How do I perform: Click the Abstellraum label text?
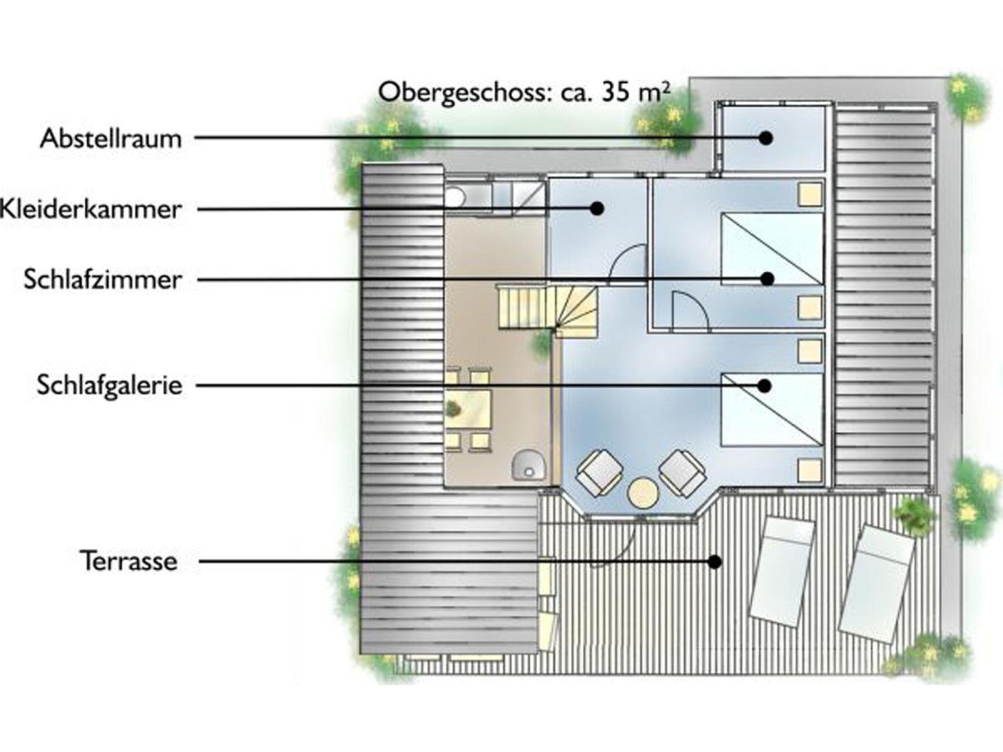point(111,139)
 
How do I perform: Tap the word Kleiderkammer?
point(91,210)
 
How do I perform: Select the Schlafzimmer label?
point(103,280)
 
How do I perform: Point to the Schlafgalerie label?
point(110,385)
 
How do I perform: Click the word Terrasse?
point(129,561)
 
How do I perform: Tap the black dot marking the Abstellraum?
point(766,138)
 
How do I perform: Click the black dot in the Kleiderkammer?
point(597,209)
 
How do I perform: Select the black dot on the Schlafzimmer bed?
point(767,279)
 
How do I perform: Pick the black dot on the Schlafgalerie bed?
point(764,386)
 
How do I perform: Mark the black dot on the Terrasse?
point(716,562)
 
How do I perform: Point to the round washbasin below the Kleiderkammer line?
point(454,197)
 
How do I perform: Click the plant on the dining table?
point(453,407)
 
